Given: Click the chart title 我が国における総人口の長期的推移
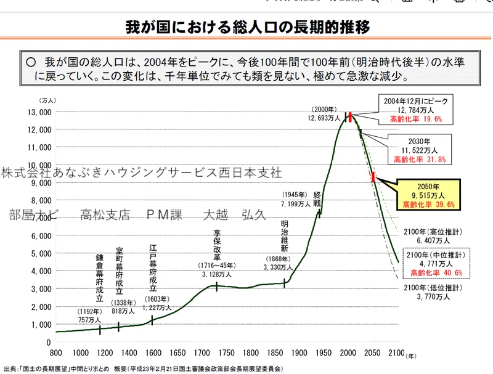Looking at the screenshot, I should click(x=247, y=28).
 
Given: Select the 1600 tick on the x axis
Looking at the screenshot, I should click(x=152, y=352).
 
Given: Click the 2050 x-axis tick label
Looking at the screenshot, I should click(x=371, y=352).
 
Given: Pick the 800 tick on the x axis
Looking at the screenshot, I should click(x=56, y=352).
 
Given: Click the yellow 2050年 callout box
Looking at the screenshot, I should click(x=428, y=194).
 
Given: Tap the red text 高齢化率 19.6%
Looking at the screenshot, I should click(x=417, y=119).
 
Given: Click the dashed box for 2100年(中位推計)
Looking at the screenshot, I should click(x=435, y=263).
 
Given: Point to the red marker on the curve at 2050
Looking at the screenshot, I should click(x=373, y=177).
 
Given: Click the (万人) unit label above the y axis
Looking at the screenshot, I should click(x=47, y=100).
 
